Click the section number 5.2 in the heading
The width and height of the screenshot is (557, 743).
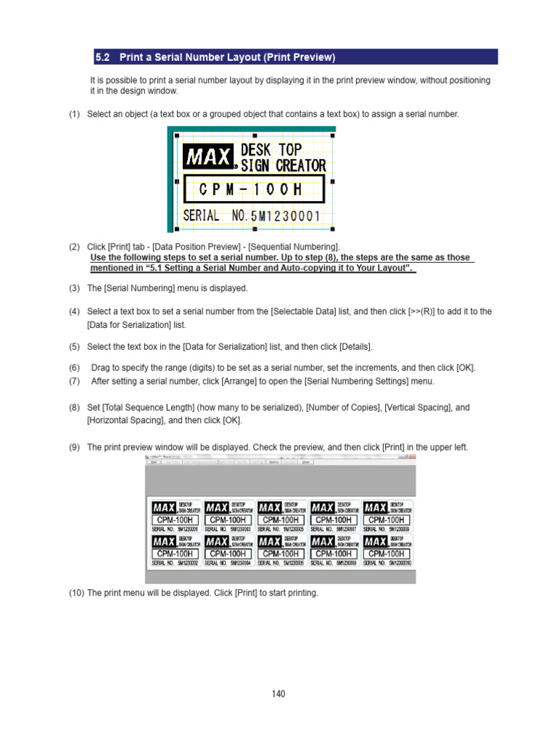pyautogui.click(x=103, y=57)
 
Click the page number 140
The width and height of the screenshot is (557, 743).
pyautogui.click(x=278, y=694)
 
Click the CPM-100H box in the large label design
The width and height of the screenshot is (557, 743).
pyautogui.click(x=254, y=190)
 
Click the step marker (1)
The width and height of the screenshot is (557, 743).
pyautogui.click(x=75, y=114)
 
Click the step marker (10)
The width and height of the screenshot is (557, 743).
pyautogui.click(x=77, y=593)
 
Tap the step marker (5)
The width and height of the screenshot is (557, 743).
pyautogui.click(x=75, y=346)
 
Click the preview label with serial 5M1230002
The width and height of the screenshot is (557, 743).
pyautogui.click(x=173, y=551)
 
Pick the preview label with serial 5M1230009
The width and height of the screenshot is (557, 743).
pyautogui.click(x=387, y=516)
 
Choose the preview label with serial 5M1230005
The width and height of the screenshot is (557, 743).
pyautogui.click(x=280, y=516)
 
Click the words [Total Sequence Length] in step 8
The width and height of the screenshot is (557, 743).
pyautogui.click(x=148, y=408)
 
